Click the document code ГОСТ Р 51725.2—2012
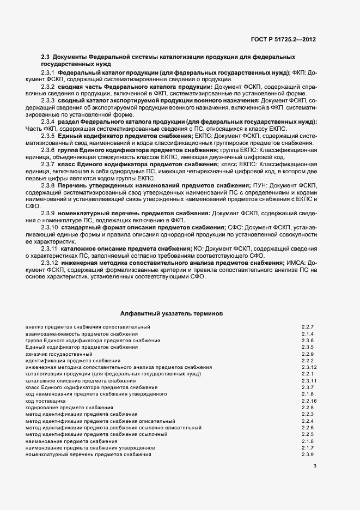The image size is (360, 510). coord(286,39)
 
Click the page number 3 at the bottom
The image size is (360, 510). coord(315,465)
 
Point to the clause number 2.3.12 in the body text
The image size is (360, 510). coord(50,263)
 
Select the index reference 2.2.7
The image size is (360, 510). coord(308,327)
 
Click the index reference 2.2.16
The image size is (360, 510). coord(309,400)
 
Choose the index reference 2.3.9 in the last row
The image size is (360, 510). coord(308,454)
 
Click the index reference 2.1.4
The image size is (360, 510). coord(308,333)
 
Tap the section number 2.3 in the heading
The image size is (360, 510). coord(46,57)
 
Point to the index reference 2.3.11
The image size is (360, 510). coord(309,380)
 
